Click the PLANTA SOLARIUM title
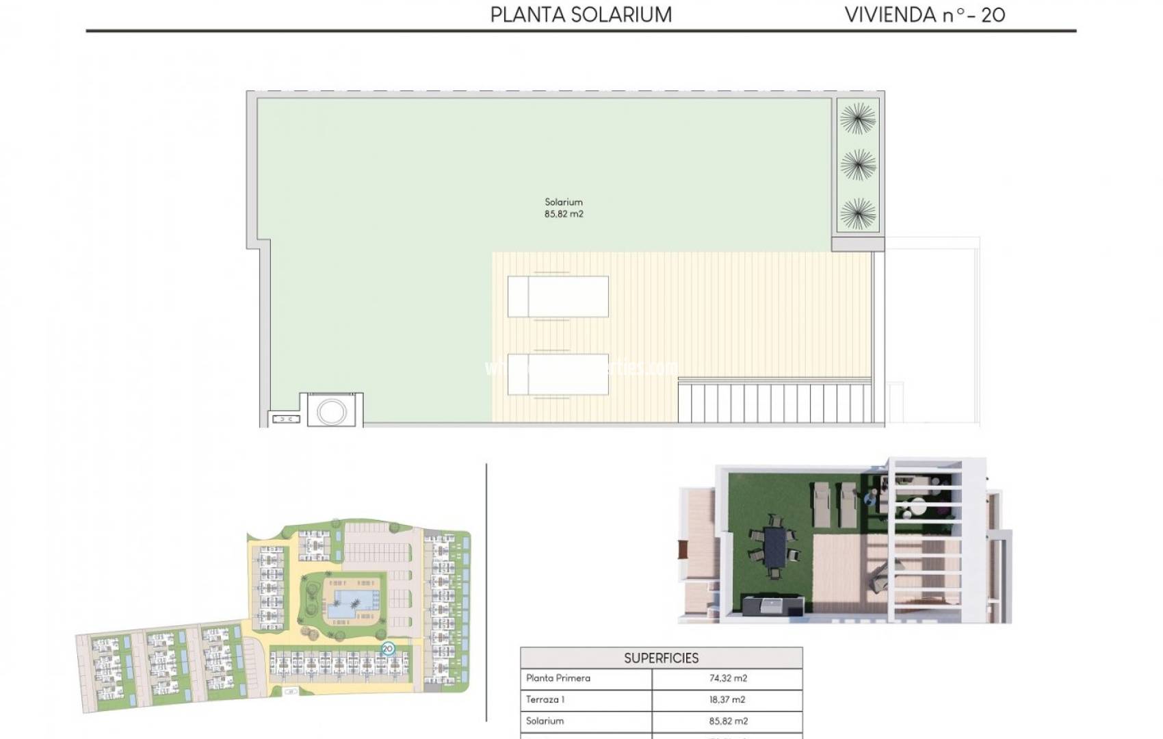581,14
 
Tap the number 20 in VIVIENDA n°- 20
993,14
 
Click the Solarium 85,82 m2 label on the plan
564,208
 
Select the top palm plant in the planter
857,118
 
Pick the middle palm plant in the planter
857,166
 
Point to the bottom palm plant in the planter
857,213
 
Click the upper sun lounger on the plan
558,296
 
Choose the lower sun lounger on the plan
558,374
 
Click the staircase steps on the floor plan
773,404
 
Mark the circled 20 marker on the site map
388,648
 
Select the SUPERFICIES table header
661,658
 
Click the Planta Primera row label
558,678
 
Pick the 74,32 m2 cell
727,678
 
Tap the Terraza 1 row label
545,699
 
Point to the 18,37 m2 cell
727,699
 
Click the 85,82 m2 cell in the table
727,721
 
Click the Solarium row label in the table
545,721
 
